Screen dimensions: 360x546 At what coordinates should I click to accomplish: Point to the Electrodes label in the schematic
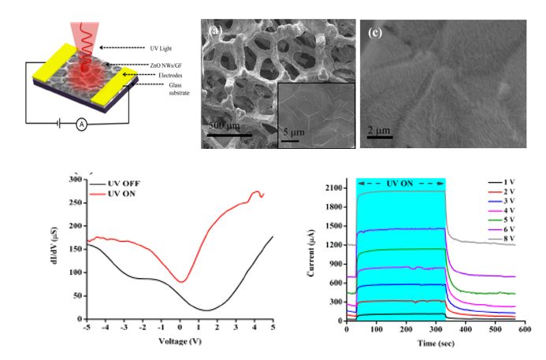click(x=160, y=75)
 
